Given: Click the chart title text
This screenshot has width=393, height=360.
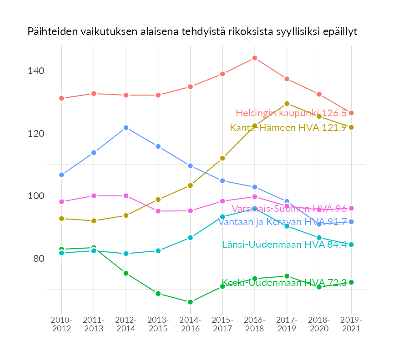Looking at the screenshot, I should coord(192,32).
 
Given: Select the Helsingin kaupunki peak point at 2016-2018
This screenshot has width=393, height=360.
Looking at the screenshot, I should coord(255,58).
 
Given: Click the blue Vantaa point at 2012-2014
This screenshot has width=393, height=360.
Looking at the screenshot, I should coord(126,128).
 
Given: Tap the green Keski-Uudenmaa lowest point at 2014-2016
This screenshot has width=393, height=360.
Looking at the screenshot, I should coord(190,302).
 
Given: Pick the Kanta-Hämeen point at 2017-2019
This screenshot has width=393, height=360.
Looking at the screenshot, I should coord(287,104).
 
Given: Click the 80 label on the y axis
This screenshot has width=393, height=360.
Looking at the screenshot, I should coord(38,259).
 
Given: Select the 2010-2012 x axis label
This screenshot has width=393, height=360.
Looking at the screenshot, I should coord(61,325).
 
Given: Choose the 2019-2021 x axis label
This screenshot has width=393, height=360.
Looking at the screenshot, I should coord(351,325).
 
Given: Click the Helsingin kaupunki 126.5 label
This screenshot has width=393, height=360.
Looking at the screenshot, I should coord(291,113).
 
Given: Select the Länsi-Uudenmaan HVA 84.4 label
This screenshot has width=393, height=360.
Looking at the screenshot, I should coord(285,245).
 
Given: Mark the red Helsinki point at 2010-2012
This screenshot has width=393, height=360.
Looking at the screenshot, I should coord(61,98).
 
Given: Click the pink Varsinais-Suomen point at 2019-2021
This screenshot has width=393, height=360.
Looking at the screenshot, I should coord(351,208).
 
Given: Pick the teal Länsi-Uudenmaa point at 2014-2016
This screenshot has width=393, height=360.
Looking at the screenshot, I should coord(190,238).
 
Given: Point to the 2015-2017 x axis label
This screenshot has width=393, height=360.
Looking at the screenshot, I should coord(222,325).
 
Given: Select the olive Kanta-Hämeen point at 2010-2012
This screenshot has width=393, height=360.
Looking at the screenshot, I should coord(61,219).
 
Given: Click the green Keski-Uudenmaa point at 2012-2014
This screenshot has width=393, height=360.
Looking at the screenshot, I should coord(126,273).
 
